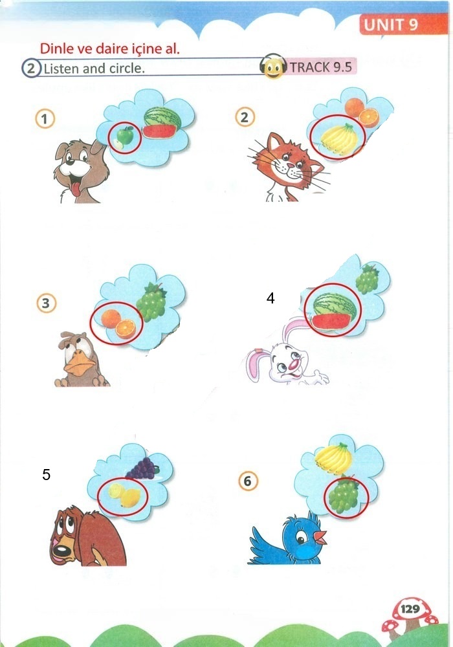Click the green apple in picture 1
pyautogui.click(x=124, y=138)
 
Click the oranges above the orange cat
pyautogui.click(x=361, y=111)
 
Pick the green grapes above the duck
pyautogui.click(x=151, y=302)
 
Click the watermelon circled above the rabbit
pyautogui.click(x=334, y=311)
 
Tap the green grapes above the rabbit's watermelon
pyautogui.click(x=367, y=279)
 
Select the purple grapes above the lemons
pyautogui.click(x=142, y=468)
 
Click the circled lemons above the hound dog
pyautogui.click(x=124, y=494)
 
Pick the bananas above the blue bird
pyautogui.click(x=333, y=459)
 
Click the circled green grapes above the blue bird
pyautogui.click(x=343, y=494)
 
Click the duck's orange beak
pyautogui.click(x=78, y=365)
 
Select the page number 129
pyautogui.click(x=410, y=609)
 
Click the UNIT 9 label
pyautogui.click(x=391, y=25)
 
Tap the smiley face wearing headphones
pyautogui.click(x=273, y=67)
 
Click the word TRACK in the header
pyautogui.click(x=310, y=67)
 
